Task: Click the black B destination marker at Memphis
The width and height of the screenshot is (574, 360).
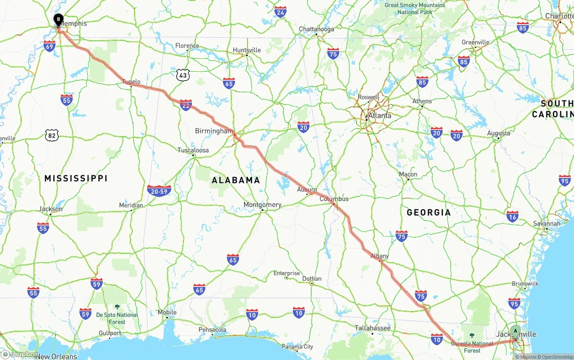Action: (x=58, y=20)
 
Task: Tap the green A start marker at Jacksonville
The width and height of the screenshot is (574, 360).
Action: (x=515, y=332)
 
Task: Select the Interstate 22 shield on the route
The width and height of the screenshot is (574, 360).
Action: (x=186, y=105)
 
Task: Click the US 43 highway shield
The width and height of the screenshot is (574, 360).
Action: (x=183, y=75)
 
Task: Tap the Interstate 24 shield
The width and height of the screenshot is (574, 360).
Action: (x=281, y=12)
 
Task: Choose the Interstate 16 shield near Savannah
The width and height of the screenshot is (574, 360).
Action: (x=512, y=216)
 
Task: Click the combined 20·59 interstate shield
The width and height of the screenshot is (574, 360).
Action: (x=159, y=191)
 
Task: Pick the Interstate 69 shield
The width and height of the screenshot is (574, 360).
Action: (x=50, y=46)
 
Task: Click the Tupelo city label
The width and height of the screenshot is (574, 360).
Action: (x=131, y=82)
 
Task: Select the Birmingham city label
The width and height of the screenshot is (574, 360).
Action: (x=214, y=131)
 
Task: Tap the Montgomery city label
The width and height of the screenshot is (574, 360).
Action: (x=262, y=205)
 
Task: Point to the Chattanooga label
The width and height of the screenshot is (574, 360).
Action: (x=317, y=29)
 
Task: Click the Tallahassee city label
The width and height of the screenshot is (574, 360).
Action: (x=373, y=328)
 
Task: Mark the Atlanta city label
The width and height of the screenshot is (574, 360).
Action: (x=379, y=115)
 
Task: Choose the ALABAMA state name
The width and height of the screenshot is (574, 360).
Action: (x=236, y=180)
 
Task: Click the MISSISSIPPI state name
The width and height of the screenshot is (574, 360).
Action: (x=76, y=178)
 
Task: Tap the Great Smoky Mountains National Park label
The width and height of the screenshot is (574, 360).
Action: (x=415, y=9)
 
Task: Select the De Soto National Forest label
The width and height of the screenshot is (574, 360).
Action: (x=117, y=318)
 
